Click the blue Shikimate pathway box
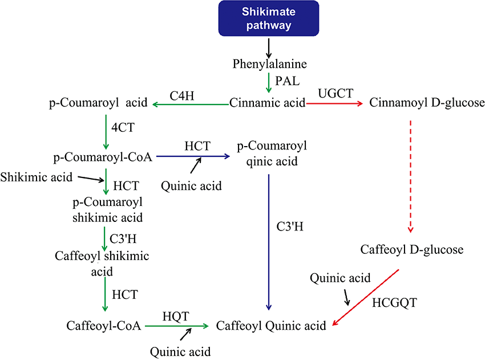[x=269, y=18]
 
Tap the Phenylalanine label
[x=270, y=64]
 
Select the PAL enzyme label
[x=288, y=81]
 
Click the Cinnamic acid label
[x=267, y=102]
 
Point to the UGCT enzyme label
[x=336, y=93]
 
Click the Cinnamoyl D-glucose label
[x=427, y=102]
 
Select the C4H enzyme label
[x=182, y=96]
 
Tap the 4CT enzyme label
[x=123, y=127]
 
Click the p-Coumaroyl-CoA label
[x=103, y=157]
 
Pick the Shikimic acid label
[x=36, y=177]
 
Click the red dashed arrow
[x=410, y=176]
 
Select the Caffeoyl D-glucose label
[x=412, y=249]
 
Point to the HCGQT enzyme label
[x=394, y=302]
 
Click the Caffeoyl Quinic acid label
[x=271, y=326]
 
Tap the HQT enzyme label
[x=176, y=316]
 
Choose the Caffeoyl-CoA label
[x=104, y=326]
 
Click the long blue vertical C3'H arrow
[x=269, y=242]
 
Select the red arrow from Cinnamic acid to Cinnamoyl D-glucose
[x=334, y=104]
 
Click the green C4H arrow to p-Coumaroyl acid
[x=191, y=104]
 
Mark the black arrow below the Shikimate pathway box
[x=269, y=48]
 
